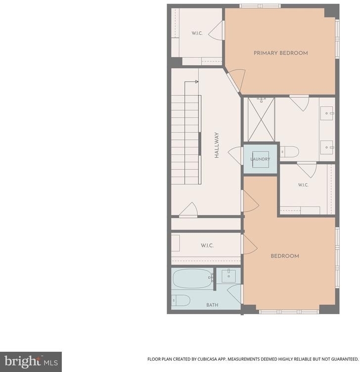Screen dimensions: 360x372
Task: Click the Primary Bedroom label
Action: click(x=281, y=53)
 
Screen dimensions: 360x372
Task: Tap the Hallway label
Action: click(x=217, y=145)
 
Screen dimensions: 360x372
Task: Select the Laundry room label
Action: click(x=260, y=159)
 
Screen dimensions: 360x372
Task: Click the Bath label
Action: click(x=212, y=305)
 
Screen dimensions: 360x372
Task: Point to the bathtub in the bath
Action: click(x=193, y=278)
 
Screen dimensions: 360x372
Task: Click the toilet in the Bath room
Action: click(x=181, y=300)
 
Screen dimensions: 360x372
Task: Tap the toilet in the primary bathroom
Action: click(x=289, y=152)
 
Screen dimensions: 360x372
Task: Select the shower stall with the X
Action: click(x=261, y=120)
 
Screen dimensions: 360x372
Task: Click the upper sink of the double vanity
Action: click(x=327, y=113)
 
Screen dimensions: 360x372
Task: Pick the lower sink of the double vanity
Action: click(x=327, y=147)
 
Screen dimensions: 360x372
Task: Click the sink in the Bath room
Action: click(x=228, y=276)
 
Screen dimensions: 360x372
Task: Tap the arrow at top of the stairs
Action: click(x=191, y=82)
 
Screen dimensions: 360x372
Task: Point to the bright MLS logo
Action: click(x=31, y=362)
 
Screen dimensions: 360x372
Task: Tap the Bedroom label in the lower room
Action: click(x=285, y=256)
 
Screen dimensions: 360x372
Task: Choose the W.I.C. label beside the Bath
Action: click(x=207, y=246)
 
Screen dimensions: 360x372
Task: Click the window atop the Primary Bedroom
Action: click(x=260, y=6)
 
